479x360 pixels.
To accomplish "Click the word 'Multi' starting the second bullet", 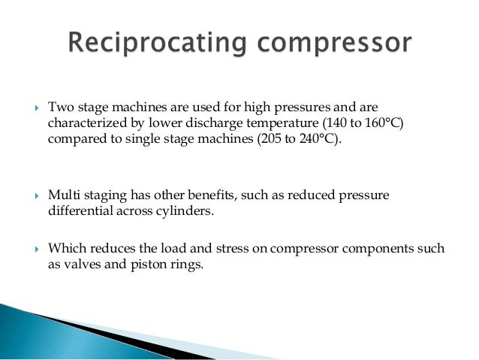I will click(63, 195).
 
